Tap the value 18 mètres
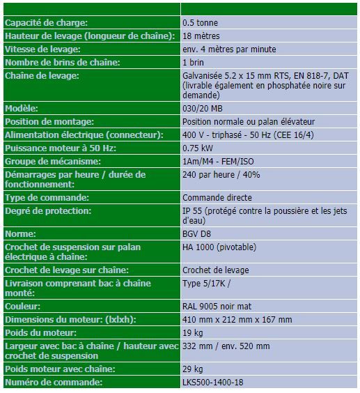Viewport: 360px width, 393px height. (202, 36)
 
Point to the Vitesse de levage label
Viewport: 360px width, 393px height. (42, 49)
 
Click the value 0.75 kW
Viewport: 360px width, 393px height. (198, 148)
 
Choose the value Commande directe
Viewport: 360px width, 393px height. (217, 198)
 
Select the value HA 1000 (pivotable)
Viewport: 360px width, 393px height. (219, 247)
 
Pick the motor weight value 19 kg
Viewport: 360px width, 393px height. (193, 333)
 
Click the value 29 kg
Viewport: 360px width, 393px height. (193, 369)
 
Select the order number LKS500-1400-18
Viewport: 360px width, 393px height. (214, 383)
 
